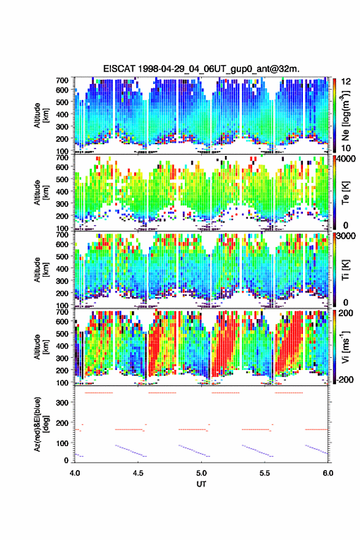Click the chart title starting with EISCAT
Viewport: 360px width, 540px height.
point(201,69)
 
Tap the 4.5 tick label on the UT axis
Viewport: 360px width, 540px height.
point(138,473)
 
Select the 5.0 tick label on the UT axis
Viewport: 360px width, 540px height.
point(201,473)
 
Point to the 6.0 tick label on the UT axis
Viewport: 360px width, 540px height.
point(328,473)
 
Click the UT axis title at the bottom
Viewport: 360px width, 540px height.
point(201,484)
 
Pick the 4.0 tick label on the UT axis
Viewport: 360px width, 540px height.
point(75,473)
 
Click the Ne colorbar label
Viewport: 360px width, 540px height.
point(345,115)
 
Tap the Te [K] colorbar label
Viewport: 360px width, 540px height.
point(345,193)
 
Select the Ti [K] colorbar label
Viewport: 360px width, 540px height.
point(345,270)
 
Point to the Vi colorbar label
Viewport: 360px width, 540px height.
point(345,347)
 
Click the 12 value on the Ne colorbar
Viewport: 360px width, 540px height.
point(346,82)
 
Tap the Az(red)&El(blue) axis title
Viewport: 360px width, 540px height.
point(40,424)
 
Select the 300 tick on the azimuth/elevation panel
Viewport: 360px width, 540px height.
point(62,403)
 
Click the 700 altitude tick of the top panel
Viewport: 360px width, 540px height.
point(62,80)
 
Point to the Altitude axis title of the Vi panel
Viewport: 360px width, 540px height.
point(40,347)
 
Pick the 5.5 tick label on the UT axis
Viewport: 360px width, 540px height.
point(265,473)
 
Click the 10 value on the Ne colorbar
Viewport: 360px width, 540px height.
point(346,148)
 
